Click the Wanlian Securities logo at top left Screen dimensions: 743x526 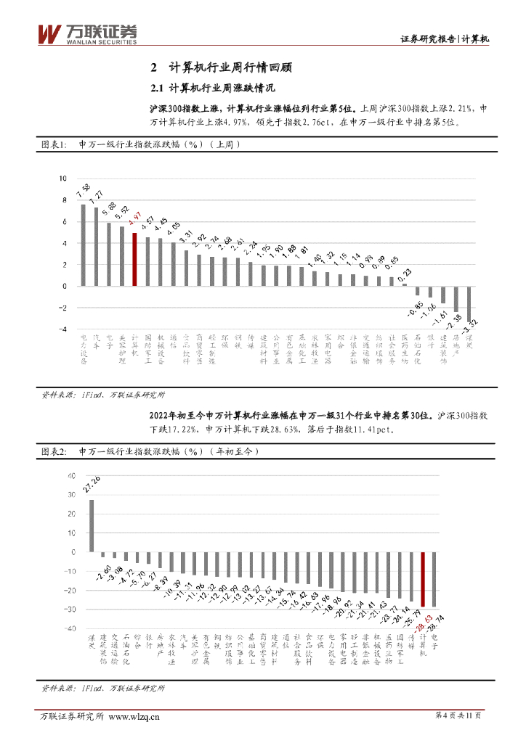pyautogui.click(x=86, y=34)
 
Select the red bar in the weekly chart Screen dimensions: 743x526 pyautogui.click(x=134, y=259)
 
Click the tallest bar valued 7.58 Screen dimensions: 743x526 pyautogui.click(x=83, y=245)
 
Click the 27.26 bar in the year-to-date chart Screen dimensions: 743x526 pyautogui.click(x=92, y=526)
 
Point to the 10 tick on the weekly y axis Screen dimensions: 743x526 pyautogui.click(x=62, y=178)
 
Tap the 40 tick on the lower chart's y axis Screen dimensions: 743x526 pyautogui.click(x=71, y=476)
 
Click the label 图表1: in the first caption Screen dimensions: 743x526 pyautogui.click(x=53, y=145)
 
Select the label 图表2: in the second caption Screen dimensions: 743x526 pyautogui.click(x=53, y=451)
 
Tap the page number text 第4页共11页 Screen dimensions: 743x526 pyautogui.click(x=458, y=715)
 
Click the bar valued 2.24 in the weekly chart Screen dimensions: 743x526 pyautogui.click(x=251, y=274)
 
